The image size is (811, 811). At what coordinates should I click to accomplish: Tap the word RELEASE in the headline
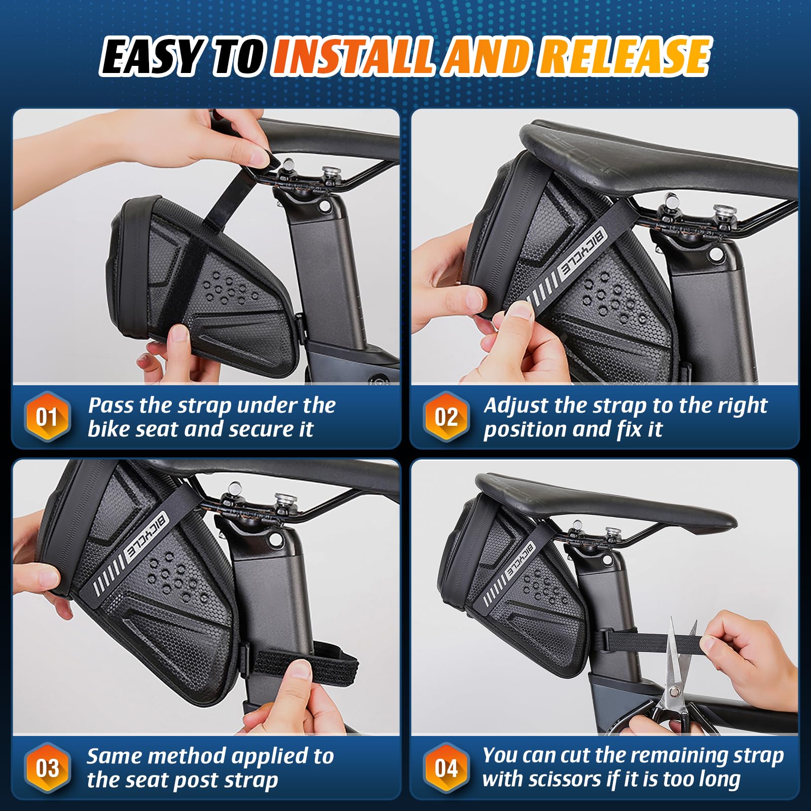coord(624,57)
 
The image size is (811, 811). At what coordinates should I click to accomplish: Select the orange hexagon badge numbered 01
coord(47,417)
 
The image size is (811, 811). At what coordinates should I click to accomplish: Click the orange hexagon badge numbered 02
coord(446,417)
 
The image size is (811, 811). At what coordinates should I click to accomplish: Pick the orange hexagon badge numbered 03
coord(47,768)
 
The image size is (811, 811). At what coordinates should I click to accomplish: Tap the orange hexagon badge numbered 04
coord(446,768)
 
